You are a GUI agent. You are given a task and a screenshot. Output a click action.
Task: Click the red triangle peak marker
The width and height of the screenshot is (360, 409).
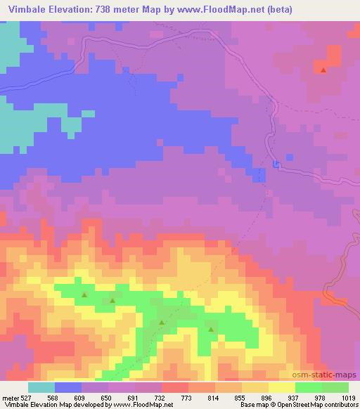coord(323,70)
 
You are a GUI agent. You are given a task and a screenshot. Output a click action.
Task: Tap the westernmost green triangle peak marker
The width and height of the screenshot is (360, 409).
coord(84,295)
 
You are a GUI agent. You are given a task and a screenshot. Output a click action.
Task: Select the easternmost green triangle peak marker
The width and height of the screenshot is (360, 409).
coord(211,328)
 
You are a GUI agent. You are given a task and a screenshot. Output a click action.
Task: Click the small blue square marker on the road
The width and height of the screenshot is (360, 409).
coord(276,165)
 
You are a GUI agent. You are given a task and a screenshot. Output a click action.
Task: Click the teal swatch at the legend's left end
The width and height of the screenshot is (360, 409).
coord(41,387)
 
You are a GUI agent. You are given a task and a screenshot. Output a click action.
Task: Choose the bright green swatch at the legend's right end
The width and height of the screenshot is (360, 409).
coord(335,387)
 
